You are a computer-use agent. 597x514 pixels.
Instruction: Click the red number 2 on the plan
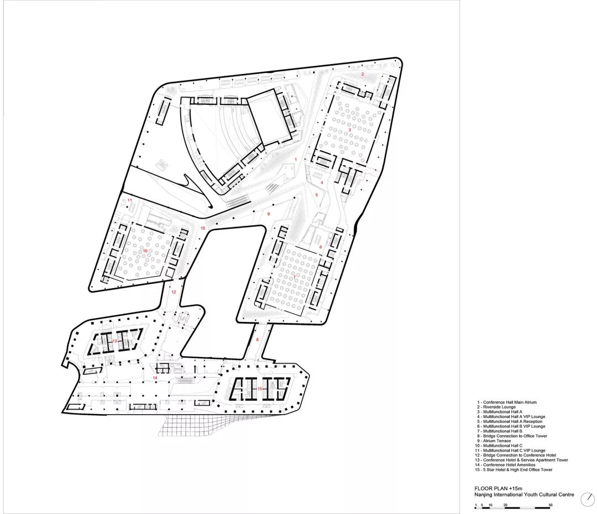coord(363,74)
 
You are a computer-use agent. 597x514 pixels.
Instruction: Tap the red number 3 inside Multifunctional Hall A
coord(349,130)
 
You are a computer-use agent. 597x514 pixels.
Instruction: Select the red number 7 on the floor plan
coord(294,277)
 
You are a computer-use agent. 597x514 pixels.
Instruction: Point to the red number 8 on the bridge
coord(257,340)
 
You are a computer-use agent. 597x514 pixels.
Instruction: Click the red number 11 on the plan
coord(129,200)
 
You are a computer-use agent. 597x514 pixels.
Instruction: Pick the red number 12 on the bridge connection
coord(174,292)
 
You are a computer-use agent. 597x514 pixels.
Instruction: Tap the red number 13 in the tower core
coord(114,341)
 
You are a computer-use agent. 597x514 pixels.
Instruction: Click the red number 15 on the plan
coord(260,389)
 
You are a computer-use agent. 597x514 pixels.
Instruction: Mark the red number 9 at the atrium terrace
coord(269,214)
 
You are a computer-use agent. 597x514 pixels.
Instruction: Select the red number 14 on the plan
coord(155,378)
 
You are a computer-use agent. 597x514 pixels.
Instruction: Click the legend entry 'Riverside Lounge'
coord(496,407)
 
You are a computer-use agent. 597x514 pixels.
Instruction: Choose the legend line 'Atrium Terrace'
coord(494,441)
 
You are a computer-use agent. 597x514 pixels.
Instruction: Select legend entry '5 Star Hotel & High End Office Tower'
coord(513,469)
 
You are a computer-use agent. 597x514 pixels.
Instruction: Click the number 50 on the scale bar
coord(551,505)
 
